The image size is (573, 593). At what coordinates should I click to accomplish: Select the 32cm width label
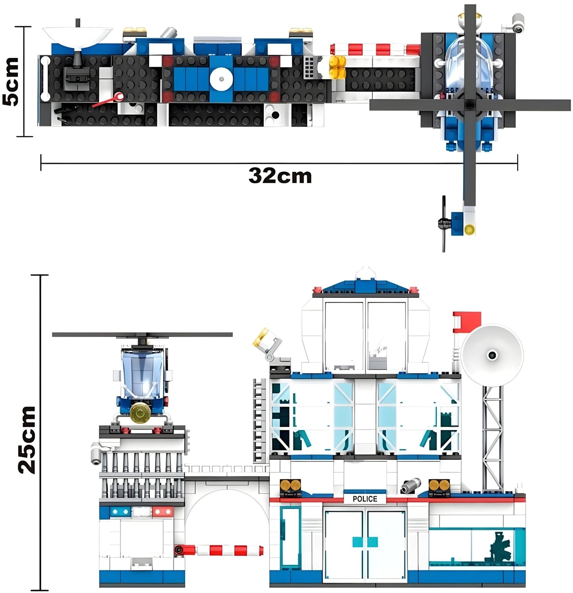click(280, 175)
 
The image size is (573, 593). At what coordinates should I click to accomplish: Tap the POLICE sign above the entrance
click(365, 499)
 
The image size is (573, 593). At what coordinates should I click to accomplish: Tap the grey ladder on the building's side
click(260, 420)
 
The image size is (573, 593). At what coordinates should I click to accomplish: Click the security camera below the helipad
click(98, 453)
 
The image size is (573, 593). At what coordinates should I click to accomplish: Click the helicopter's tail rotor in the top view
click(444, 224)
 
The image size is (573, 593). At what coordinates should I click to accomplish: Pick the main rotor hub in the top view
click(470, 105)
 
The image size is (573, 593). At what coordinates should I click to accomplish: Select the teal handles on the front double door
click(365, 542)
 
